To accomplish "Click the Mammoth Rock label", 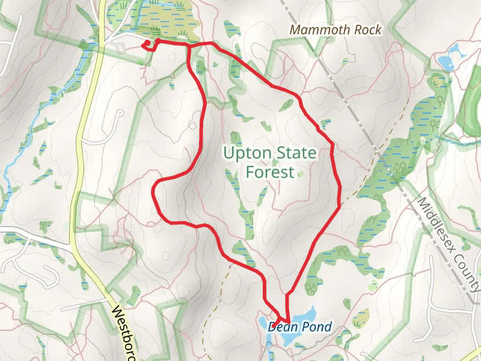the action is [335, 29].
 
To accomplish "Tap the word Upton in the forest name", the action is [245, 153].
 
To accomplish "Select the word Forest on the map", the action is [270, 172].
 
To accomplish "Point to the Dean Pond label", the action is [299, 327].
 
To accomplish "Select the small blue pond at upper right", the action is [446, 60].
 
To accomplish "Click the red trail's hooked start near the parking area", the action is [146, 43].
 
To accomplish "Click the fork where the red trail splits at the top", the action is [191, 45].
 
